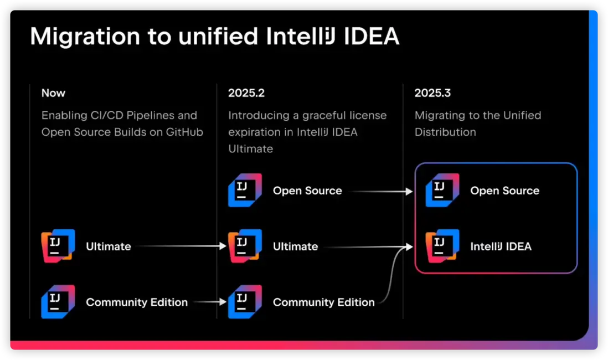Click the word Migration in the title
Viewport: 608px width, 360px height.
coord(85,37)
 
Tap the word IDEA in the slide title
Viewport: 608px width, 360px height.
coord(372,36)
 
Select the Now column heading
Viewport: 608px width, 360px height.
coord(54,93)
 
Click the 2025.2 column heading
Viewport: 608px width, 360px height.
coord(246,93)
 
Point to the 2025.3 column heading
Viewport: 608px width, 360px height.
coord(432,93)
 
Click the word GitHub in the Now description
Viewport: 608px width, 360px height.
coord(184,132)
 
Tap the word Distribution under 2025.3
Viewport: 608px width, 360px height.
coord(445,132)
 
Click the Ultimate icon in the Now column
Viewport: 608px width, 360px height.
coord(58,246)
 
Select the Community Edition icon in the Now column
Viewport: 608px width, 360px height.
coord(58,302)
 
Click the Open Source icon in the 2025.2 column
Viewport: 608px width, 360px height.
coord(245,190)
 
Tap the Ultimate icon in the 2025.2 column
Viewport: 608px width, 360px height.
coord(245,246)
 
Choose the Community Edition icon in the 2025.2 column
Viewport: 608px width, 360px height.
coord(245,302)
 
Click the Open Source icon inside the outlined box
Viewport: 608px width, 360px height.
coord(442,190)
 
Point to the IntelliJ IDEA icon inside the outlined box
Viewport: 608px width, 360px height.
coord(442,246)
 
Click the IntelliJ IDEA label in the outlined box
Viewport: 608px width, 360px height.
coord(501,246)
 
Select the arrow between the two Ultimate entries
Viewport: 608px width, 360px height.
coord(182,246)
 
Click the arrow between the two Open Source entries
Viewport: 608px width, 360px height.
coord(381,191)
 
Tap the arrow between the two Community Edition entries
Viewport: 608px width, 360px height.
coord(210,302)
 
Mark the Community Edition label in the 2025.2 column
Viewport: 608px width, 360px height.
coord(324,302)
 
